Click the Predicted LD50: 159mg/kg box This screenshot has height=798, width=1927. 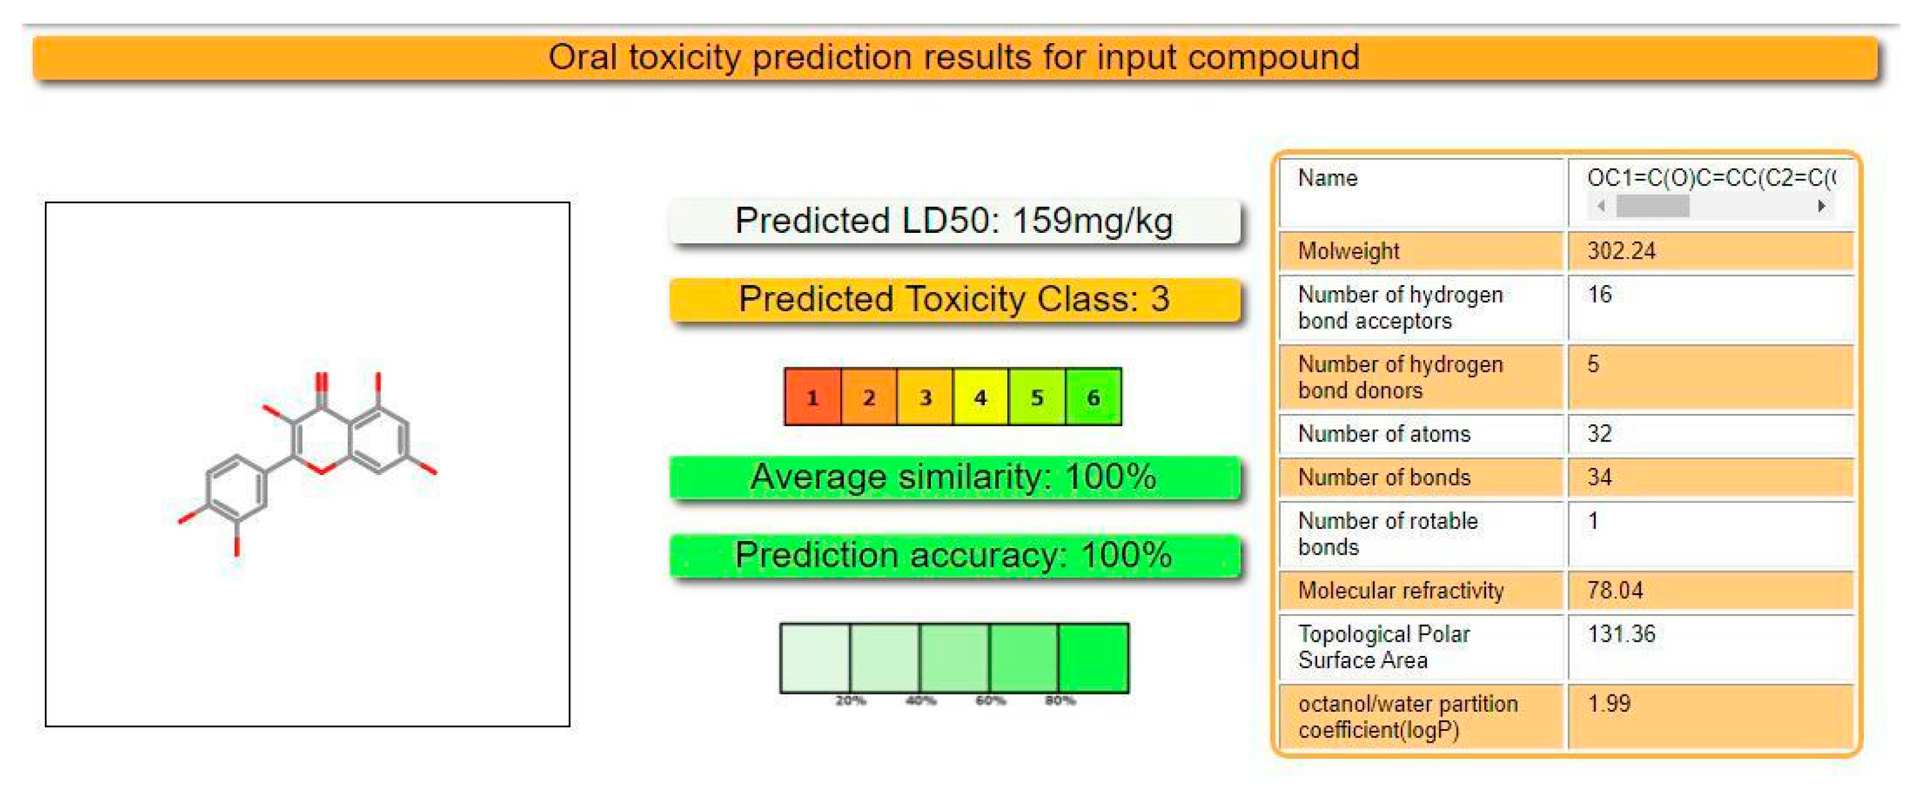tap(954, 221)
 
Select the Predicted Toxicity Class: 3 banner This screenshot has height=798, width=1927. tap(954, 299)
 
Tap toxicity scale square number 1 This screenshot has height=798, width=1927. tap(812, 397)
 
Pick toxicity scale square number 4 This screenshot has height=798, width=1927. tap(980, 397)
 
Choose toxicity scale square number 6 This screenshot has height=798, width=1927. tap(1093, 397)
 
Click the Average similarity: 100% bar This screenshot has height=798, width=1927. tap(954, 477)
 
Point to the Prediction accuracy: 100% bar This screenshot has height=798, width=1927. tap(954, 555)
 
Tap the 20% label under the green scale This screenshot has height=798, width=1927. tap(850, 701)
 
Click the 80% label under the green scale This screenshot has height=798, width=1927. tap(1060, 701)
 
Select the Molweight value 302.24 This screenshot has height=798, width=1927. tap(1621, 251)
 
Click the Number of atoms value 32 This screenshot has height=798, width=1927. tap(1599, 433)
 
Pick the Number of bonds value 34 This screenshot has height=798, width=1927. tap(1599, 477)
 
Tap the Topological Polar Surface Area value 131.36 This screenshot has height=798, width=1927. tap(1621, 634)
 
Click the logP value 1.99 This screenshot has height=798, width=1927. tap(1609, 704)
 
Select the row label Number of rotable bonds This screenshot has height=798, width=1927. tap(1388, 534)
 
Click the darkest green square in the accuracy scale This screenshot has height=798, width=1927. tap(1093, 658)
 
